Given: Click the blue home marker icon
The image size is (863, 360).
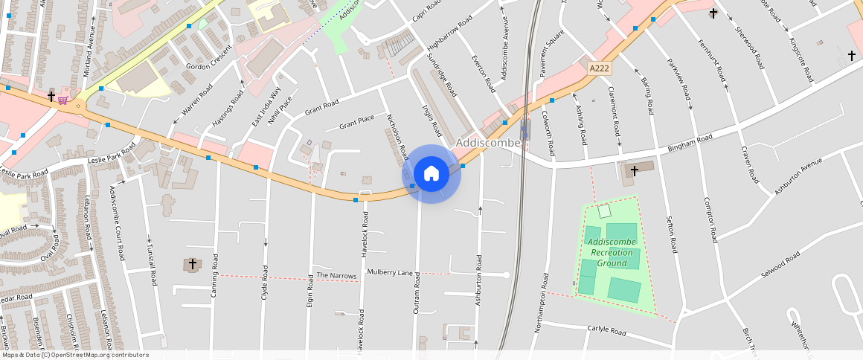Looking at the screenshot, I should [x=431, y=174].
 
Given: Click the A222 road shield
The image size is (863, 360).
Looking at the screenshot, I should [x=600, y=68].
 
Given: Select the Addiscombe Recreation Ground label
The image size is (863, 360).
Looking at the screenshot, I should [x=612, y=252].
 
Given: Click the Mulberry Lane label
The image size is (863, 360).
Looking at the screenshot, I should [x=390, y=273].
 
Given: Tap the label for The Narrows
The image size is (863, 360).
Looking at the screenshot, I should [x=336, y=276].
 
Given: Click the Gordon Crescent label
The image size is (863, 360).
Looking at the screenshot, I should [x=209, y=65].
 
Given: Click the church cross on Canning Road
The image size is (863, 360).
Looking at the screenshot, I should [x=192, y=264].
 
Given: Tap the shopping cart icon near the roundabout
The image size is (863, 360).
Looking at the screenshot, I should [x=63, y=100].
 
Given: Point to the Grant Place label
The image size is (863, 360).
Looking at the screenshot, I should [x=356, y=122].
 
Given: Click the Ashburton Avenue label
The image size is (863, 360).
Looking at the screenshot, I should [x=798, y=176].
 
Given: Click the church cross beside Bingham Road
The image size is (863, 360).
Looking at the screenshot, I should [x=634, y=171].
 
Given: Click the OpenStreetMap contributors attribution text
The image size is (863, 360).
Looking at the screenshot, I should [x=74, y=355].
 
